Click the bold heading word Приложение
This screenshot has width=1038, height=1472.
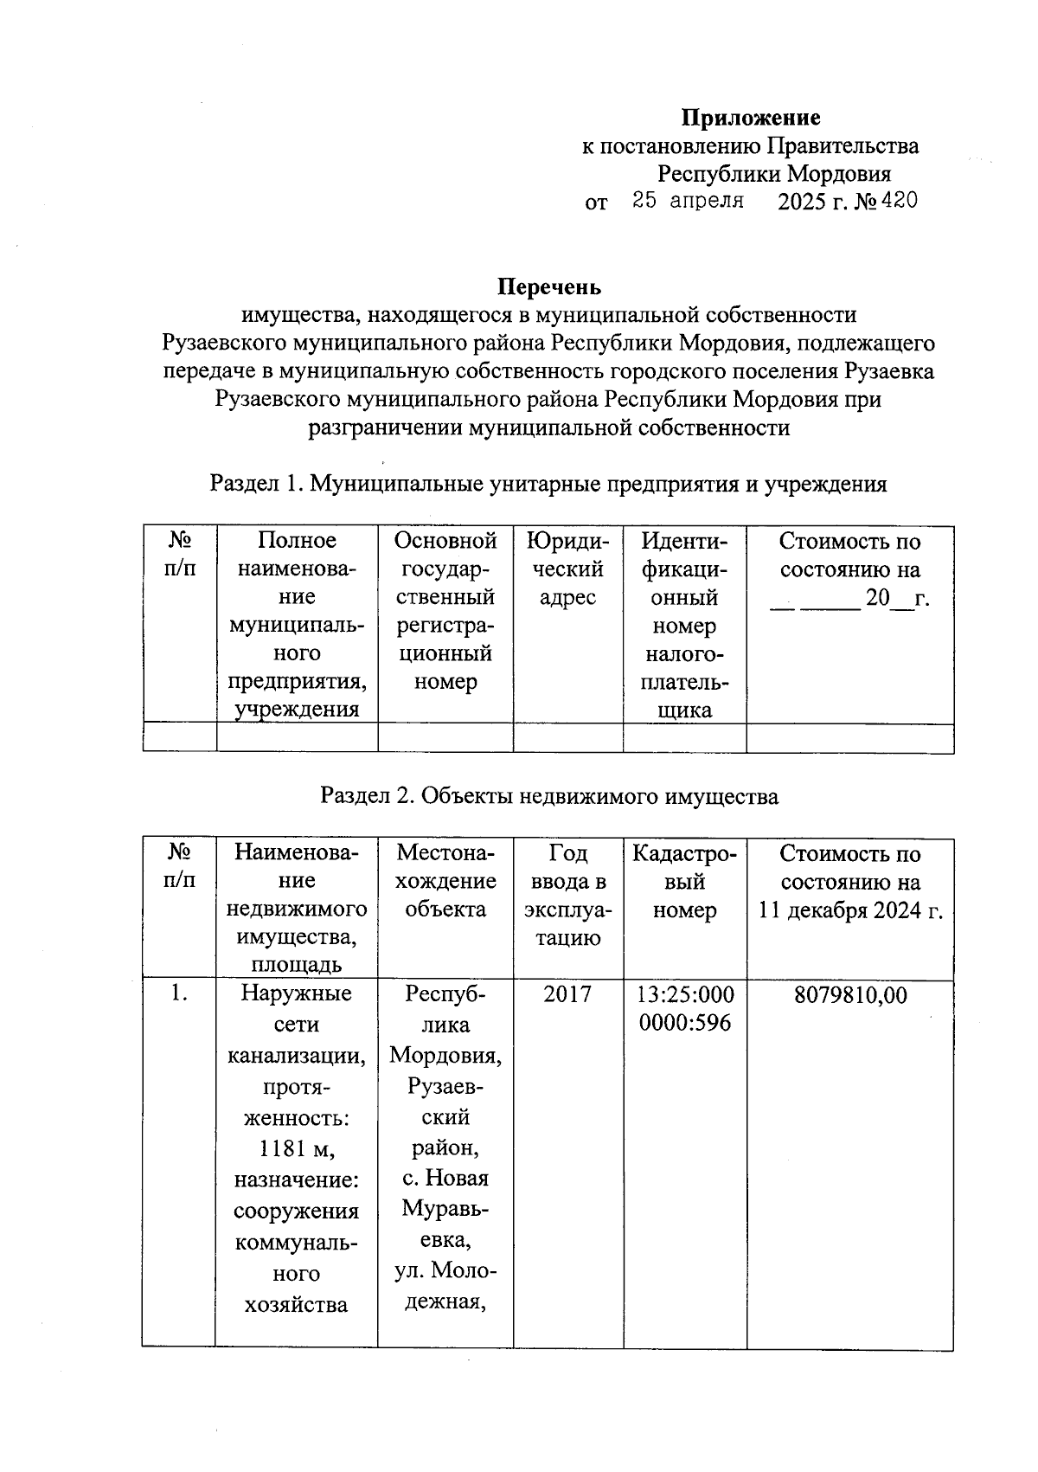tap(751, 118)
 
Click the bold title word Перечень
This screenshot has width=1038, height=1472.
tap(549, 286)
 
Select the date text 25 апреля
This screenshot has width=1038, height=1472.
tap(689, 202)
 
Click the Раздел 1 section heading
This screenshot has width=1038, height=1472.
tap(548, 484)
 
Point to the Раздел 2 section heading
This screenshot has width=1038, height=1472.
tap(549, 796)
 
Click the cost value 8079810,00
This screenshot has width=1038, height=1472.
tap(851, 995)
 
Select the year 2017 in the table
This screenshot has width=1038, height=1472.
tap(567, 994)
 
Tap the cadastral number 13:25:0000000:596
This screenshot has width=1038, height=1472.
tap(685, 1008)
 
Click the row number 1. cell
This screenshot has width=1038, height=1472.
tap(179, 994)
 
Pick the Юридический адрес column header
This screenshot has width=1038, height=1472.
tap(567, 569)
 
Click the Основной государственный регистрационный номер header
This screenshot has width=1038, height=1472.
tap(445, 611)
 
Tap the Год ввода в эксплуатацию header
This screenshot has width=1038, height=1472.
tap(567, 896)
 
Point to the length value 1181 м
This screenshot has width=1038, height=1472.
tap(296, 1148)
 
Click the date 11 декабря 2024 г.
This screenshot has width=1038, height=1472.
tap(851, 910)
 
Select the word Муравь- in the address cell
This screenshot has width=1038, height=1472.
tap(445, 1208)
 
